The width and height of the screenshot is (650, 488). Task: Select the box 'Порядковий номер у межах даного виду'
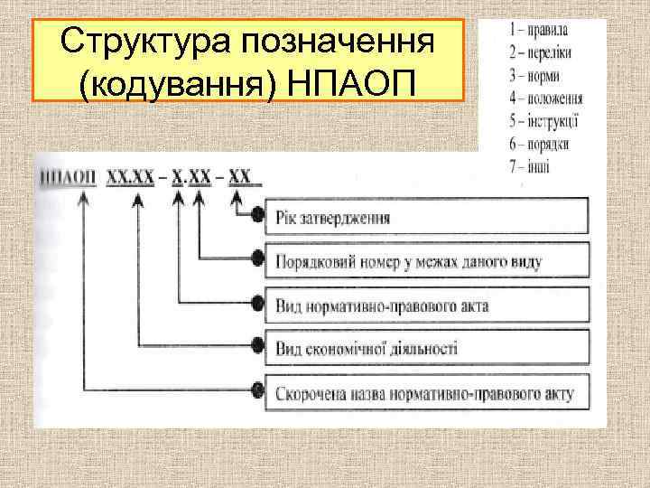click(x=424, y=261)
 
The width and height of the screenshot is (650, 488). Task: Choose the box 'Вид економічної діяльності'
click(x=424, y=348)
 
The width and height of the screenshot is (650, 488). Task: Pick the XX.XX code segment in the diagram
click(x=131, y=178)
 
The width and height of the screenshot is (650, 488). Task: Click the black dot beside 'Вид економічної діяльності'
click(x=259, y=348)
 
